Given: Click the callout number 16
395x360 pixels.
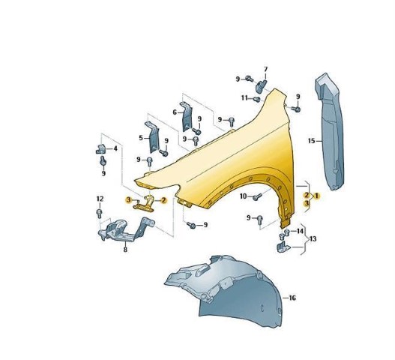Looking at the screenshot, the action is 292,298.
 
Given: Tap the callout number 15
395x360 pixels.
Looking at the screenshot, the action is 312,141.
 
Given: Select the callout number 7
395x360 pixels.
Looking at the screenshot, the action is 266,69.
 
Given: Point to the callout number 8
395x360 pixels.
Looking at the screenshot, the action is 125,250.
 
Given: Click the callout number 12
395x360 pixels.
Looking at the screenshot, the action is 100,199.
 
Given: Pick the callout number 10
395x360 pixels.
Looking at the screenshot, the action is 243,196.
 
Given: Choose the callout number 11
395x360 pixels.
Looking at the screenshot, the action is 244,97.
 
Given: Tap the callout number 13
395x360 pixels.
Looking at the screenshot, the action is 313,238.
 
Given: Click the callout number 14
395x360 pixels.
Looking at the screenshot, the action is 300,231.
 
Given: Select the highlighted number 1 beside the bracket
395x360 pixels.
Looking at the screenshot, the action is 316,196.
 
